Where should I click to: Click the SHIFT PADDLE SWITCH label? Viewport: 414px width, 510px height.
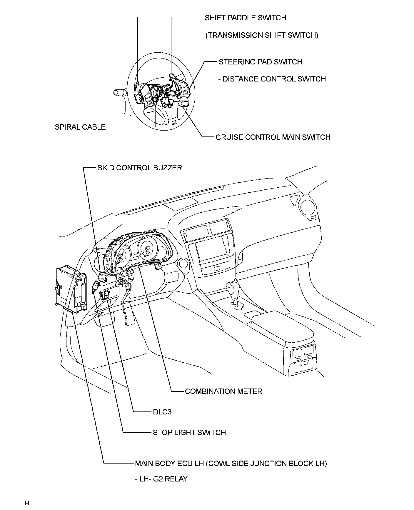[x=245, y=18]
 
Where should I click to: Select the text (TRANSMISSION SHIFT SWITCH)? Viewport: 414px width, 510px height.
[x=262, y=36]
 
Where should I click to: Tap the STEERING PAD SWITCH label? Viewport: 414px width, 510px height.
[x=261, y=62]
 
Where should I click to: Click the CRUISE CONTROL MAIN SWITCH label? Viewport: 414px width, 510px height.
[x=273, y=137]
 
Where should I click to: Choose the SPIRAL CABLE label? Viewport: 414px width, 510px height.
[x=80, y=127]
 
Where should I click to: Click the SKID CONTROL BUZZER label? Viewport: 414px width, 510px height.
[x=140, y=168]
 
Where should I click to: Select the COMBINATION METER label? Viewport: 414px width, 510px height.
[x=223, y=391]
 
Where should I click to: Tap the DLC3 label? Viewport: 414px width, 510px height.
[x=162, y=412]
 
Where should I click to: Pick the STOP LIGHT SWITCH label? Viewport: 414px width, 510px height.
[x=189, y=432]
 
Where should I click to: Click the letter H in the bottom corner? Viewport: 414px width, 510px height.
[x=27, y=503]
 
